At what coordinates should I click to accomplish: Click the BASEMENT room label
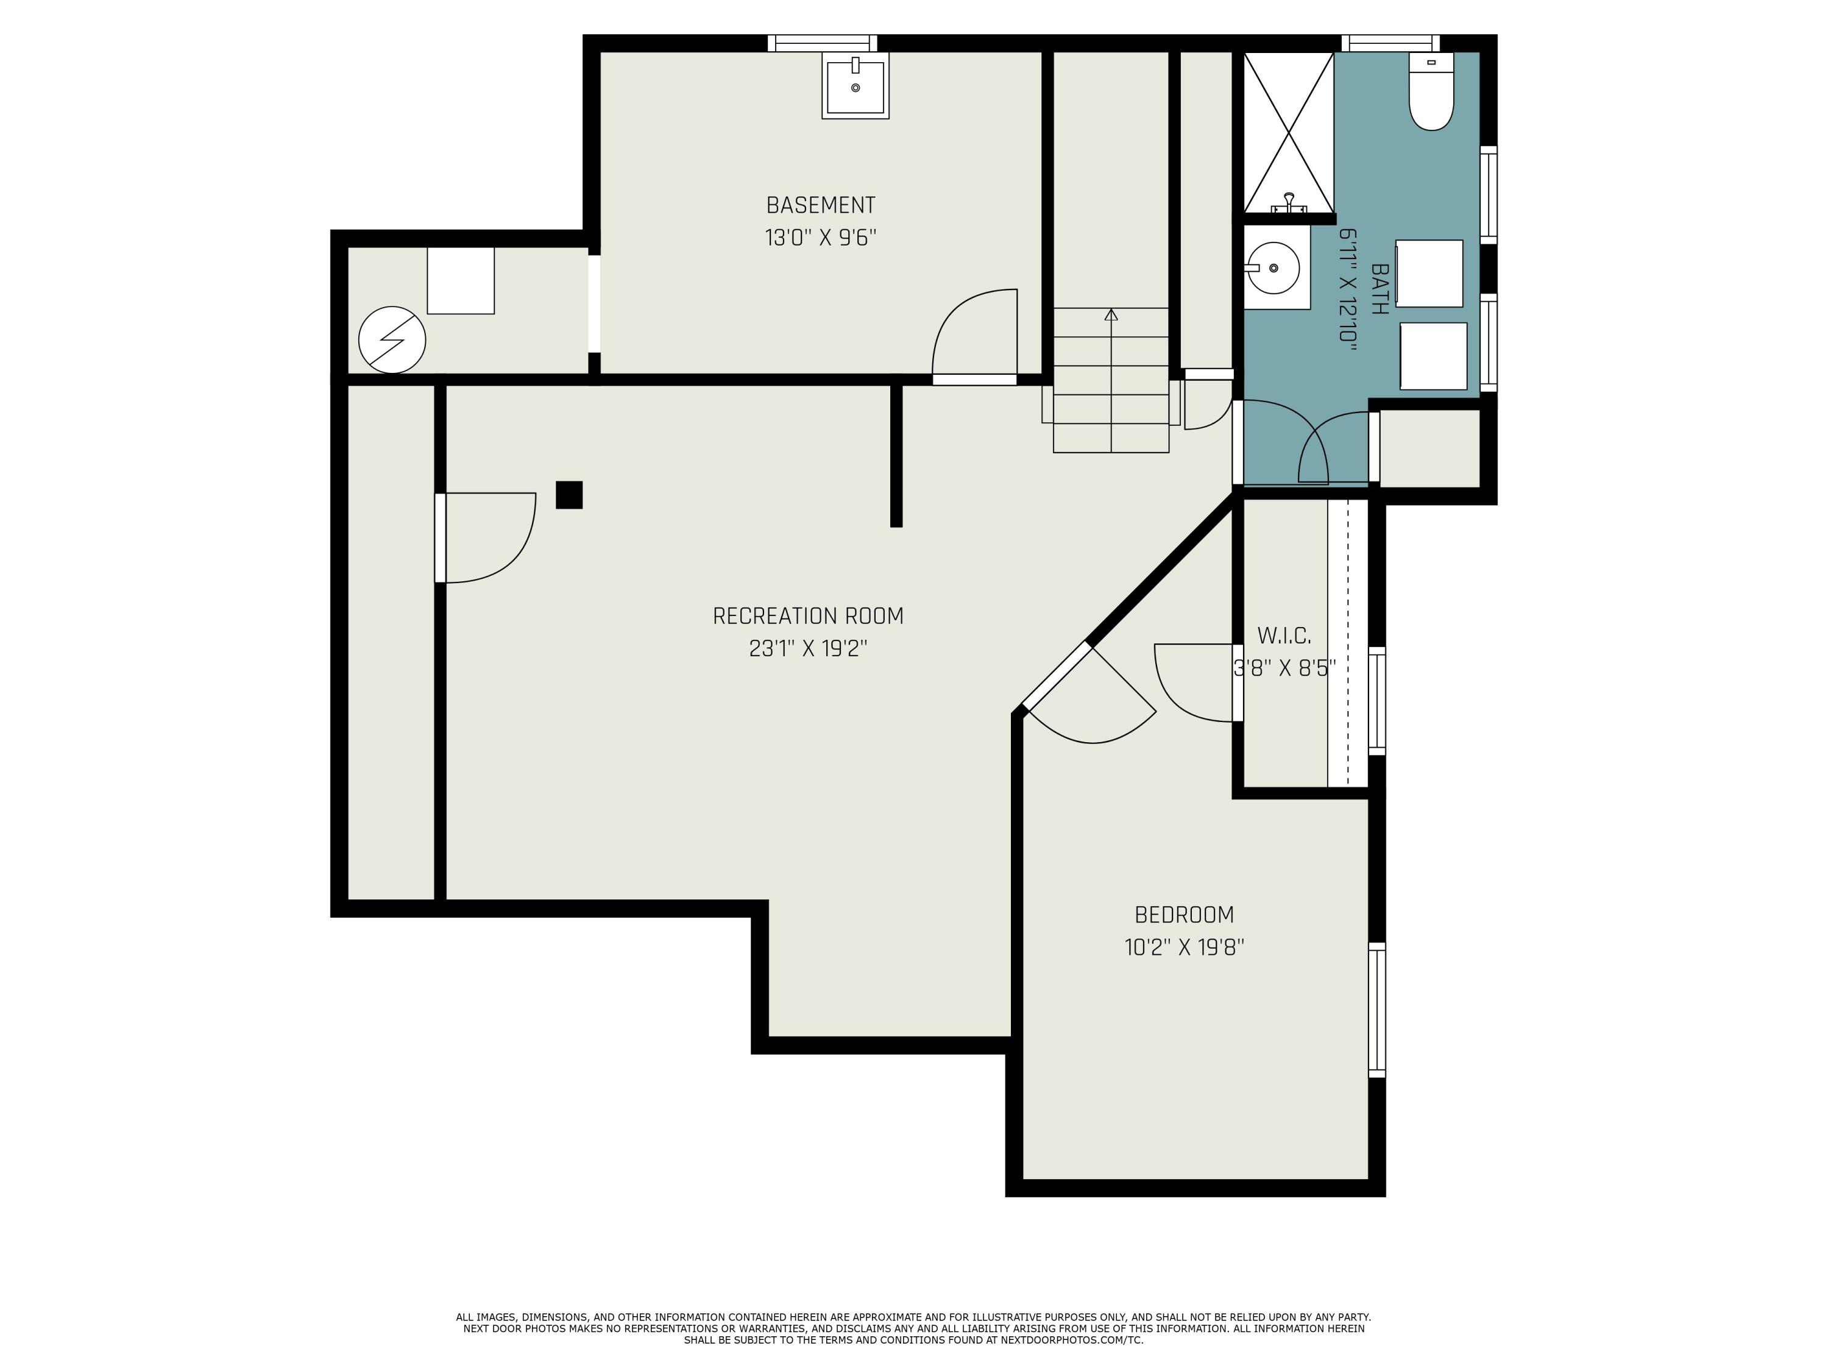click(821, 205)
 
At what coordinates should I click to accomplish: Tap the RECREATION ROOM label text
click(808, 615)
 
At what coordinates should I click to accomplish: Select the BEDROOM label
click(1184, 915)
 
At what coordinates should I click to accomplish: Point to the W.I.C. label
click(1284, 636)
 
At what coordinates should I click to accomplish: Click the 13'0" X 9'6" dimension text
click(821, 238)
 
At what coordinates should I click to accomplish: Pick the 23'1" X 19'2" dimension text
click(808, 649)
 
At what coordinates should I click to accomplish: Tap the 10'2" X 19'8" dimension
click(1184, 947)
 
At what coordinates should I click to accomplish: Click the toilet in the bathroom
click(1431, 91)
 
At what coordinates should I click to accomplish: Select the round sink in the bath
click(1273, 267)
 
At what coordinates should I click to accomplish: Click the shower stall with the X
click(1288, 132)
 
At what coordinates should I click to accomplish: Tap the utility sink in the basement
click(856, 85)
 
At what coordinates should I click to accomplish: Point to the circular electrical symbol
click(392, 339)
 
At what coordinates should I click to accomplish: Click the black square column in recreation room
click(569, 495)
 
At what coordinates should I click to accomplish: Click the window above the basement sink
click(822, 43)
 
